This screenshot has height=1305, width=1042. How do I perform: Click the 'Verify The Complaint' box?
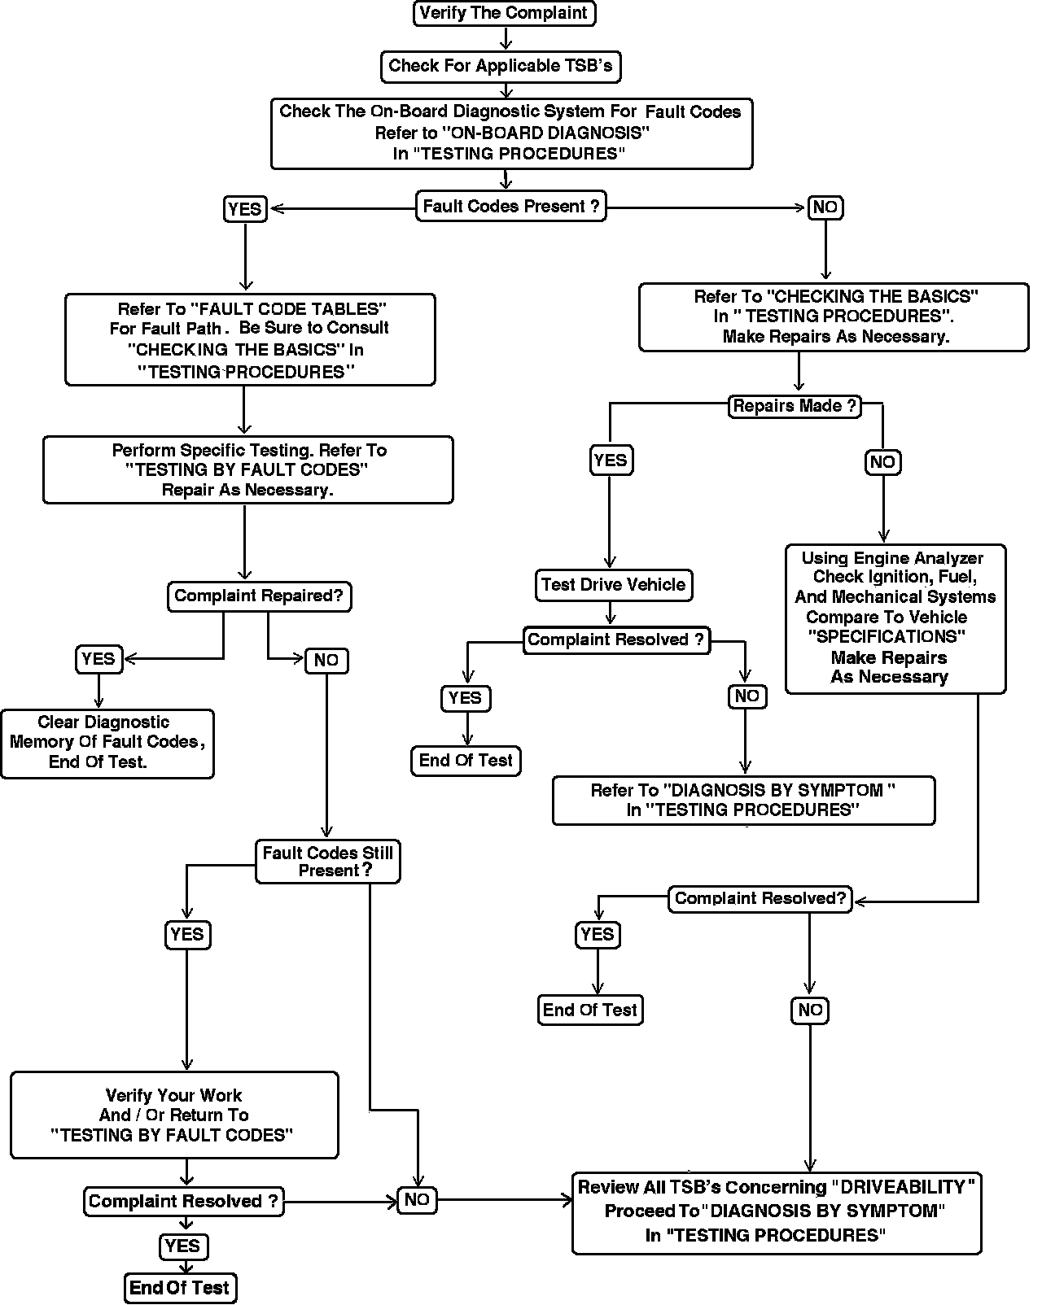(x=504, y=13)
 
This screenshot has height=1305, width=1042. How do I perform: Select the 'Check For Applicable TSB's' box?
(x=501, y=66)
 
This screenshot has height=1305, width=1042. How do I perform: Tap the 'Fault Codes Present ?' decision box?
(x=511, y=207)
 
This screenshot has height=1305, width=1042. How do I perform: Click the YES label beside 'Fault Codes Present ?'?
(x=245, y=209)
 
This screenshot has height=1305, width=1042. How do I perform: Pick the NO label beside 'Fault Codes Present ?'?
(x=825, y=207)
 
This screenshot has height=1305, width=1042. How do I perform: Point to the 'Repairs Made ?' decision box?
(x=795, y=406)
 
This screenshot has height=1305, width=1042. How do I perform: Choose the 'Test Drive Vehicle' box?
(x=613, y=585)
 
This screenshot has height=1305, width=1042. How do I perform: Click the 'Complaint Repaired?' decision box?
(x=259, y=596)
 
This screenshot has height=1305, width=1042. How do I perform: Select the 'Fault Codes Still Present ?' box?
(x=328, y=862)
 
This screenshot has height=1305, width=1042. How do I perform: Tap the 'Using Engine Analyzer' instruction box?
(x=895, y=618)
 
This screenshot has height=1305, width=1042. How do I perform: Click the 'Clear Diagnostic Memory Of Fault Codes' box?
(x=107, y=743)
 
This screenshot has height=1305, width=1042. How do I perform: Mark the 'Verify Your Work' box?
(x=174, y=1115)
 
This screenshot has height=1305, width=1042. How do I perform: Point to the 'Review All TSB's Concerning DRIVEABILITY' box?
(x=777, y=1212)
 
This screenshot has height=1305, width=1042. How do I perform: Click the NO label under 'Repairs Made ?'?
(x=882, y=463)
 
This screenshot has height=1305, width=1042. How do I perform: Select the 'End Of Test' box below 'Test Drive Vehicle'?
(x=466, y=761)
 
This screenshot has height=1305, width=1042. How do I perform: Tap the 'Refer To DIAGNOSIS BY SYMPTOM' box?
(x=743, y=801)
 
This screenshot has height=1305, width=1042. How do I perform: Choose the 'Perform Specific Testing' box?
(x=248, y=470)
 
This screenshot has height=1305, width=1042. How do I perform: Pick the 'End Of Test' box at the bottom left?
(x=180, y=1288)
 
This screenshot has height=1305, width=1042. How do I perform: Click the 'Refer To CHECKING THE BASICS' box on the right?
(x=834, y=317)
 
